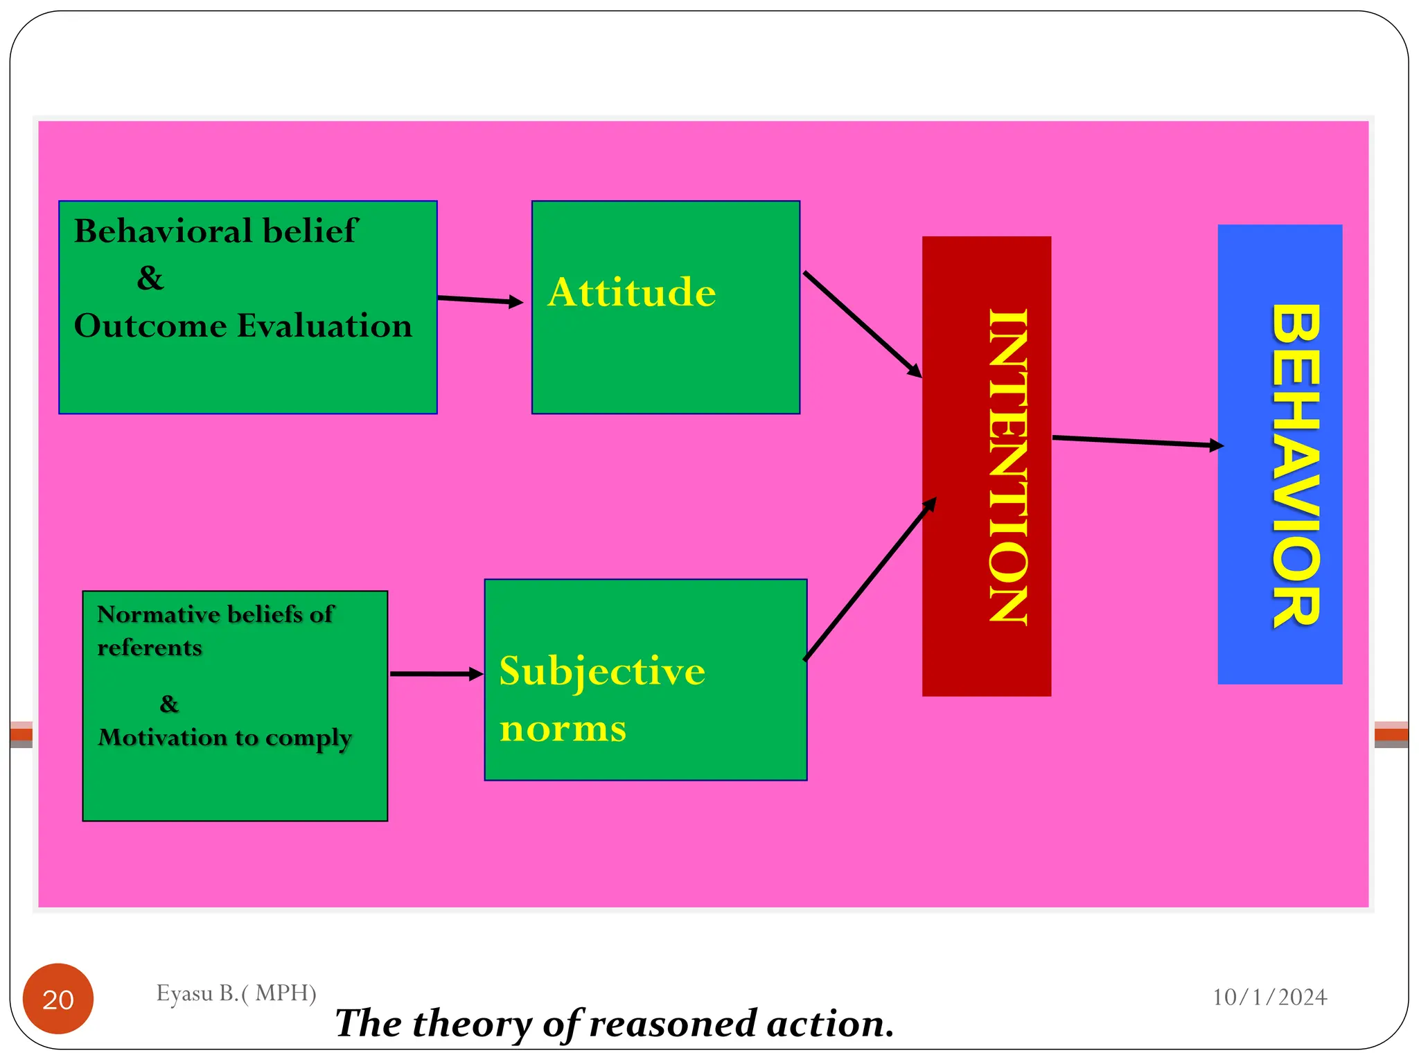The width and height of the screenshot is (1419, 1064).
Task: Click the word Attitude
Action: [631, 292]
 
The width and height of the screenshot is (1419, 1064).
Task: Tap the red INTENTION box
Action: [986, 465]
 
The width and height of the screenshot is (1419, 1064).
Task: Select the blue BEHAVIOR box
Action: [1279, 454]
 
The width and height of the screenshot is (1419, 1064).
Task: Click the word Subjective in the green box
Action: [601, 671]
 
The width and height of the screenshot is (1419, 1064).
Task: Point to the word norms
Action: [563, 729]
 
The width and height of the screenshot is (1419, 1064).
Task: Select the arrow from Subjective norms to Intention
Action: [870, 579]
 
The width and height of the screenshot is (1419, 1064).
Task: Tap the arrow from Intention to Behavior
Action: [1136, 442]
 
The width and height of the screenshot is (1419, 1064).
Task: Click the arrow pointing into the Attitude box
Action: [479, 300]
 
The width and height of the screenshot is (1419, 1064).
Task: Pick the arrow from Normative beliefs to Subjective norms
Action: [436, 673]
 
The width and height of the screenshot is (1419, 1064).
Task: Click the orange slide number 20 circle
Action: [58, 998]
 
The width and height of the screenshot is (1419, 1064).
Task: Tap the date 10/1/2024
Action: [1269, 997]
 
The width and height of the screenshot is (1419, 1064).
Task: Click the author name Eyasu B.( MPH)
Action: [236, 993]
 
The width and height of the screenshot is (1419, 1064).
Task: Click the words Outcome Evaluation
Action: [243, 326]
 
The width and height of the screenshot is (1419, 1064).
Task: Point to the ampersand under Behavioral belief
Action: [150, 278]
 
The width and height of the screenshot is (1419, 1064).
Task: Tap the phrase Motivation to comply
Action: [225, 738]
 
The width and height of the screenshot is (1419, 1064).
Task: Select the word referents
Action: [150, 647]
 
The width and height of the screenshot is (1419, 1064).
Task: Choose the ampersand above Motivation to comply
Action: [169, 704]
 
